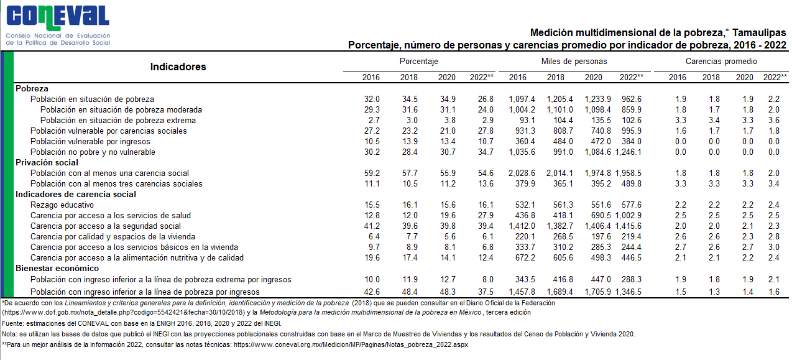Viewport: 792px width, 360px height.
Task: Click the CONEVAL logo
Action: pos(58,25)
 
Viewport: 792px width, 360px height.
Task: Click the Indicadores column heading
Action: pos(178,67)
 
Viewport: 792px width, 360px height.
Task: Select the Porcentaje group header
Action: pos(418,61)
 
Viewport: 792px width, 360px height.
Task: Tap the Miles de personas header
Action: pos(574,61)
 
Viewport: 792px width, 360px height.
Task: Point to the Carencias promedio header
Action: pos(721,61)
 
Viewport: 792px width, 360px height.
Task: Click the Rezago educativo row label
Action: pos(62,205)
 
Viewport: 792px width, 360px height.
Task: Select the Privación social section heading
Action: pos(47,163)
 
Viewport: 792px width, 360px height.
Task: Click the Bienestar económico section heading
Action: pos(57,269)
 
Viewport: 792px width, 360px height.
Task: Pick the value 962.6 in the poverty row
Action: pos(632,99)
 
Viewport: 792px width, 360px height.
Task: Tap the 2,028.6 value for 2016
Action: pos(522,173)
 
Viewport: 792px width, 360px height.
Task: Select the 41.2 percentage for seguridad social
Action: pos(372,226)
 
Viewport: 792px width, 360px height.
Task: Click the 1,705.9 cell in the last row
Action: pos(597,292)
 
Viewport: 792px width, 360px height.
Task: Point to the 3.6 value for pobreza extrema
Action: pos(774,121)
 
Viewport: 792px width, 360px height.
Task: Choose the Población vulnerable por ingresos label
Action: pos(90,142)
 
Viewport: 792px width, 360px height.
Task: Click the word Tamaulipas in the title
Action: pos(759,33)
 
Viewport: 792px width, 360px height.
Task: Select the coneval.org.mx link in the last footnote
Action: pos(351,345)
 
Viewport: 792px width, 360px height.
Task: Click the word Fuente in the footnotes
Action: pos(12,323)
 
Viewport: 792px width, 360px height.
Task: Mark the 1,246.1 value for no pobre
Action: pos(629,152)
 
